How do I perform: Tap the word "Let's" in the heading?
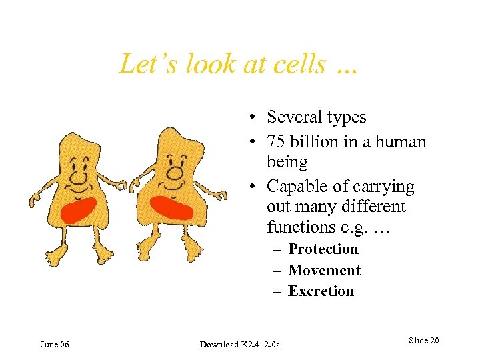pyautogui.click(x=144, y=65)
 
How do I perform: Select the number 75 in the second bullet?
pyautogui.click(x=277, y=142)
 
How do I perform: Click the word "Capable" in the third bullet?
pyautogui.click(x=295, y=187)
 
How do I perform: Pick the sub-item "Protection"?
pyautogui.click(x=323, y=249)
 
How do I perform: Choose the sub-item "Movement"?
pyautogui.click(x=324, y=270)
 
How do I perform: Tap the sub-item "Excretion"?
pyautogui.click(x=321, y=291)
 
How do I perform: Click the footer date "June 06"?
pyautogui.click(x=55, y=344)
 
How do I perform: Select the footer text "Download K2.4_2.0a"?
pyautogui.click(x=240, y=344)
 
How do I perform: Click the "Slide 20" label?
pyautogui.click(x=423, y=341)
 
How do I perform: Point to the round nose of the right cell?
pyautogui.click(x=175, y=173)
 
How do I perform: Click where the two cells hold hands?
pyautogui.click(x=128, y=183)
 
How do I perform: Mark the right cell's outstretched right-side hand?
pyautogui.click(x=223, y=195)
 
